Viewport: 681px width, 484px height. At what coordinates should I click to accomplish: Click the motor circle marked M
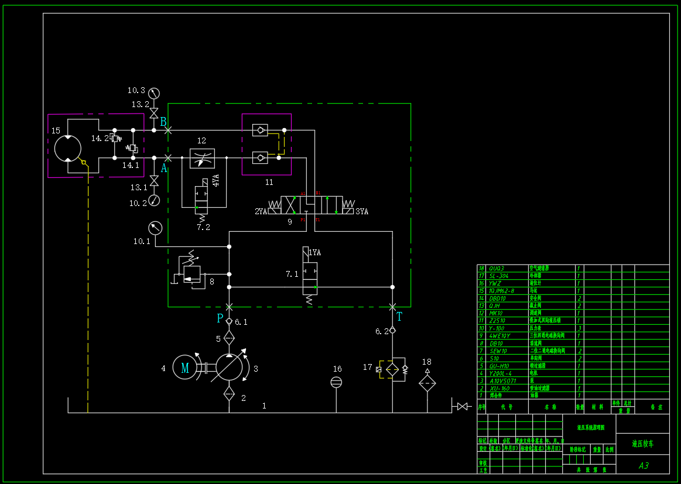click(x=185, y=368)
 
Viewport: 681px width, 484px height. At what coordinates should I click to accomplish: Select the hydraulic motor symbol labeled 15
click(x=68, y=148)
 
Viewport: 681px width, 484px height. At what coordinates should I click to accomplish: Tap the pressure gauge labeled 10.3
click(x=154, y=93)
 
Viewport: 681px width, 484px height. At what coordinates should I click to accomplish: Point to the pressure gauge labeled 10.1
click(x=155, y=227)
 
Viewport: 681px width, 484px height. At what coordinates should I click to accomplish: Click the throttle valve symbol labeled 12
click(x=202, y=158)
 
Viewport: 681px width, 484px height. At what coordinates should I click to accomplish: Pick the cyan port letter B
click(x=163, y=122)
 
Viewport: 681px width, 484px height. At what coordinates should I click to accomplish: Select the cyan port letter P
click(x=220, y=318)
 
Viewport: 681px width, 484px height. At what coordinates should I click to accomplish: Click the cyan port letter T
click(x=399, y=317)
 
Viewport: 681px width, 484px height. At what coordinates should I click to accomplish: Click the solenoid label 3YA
click(x=362, y=211)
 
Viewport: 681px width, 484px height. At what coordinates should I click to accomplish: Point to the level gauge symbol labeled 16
click(x=336, y=382)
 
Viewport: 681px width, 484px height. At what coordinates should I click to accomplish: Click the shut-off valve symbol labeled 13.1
click(x=154, y=181)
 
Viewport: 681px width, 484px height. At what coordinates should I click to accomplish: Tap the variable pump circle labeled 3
click(x=229, y=368)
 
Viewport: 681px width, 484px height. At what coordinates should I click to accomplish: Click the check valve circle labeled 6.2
click(x=392, y=330)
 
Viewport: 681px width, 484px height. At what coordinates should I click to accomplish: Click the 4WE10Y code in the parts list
click(x=501, y=336)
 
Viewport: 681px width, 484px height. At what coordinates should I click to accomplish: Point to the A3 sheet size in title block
click(x=643, y=465)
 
